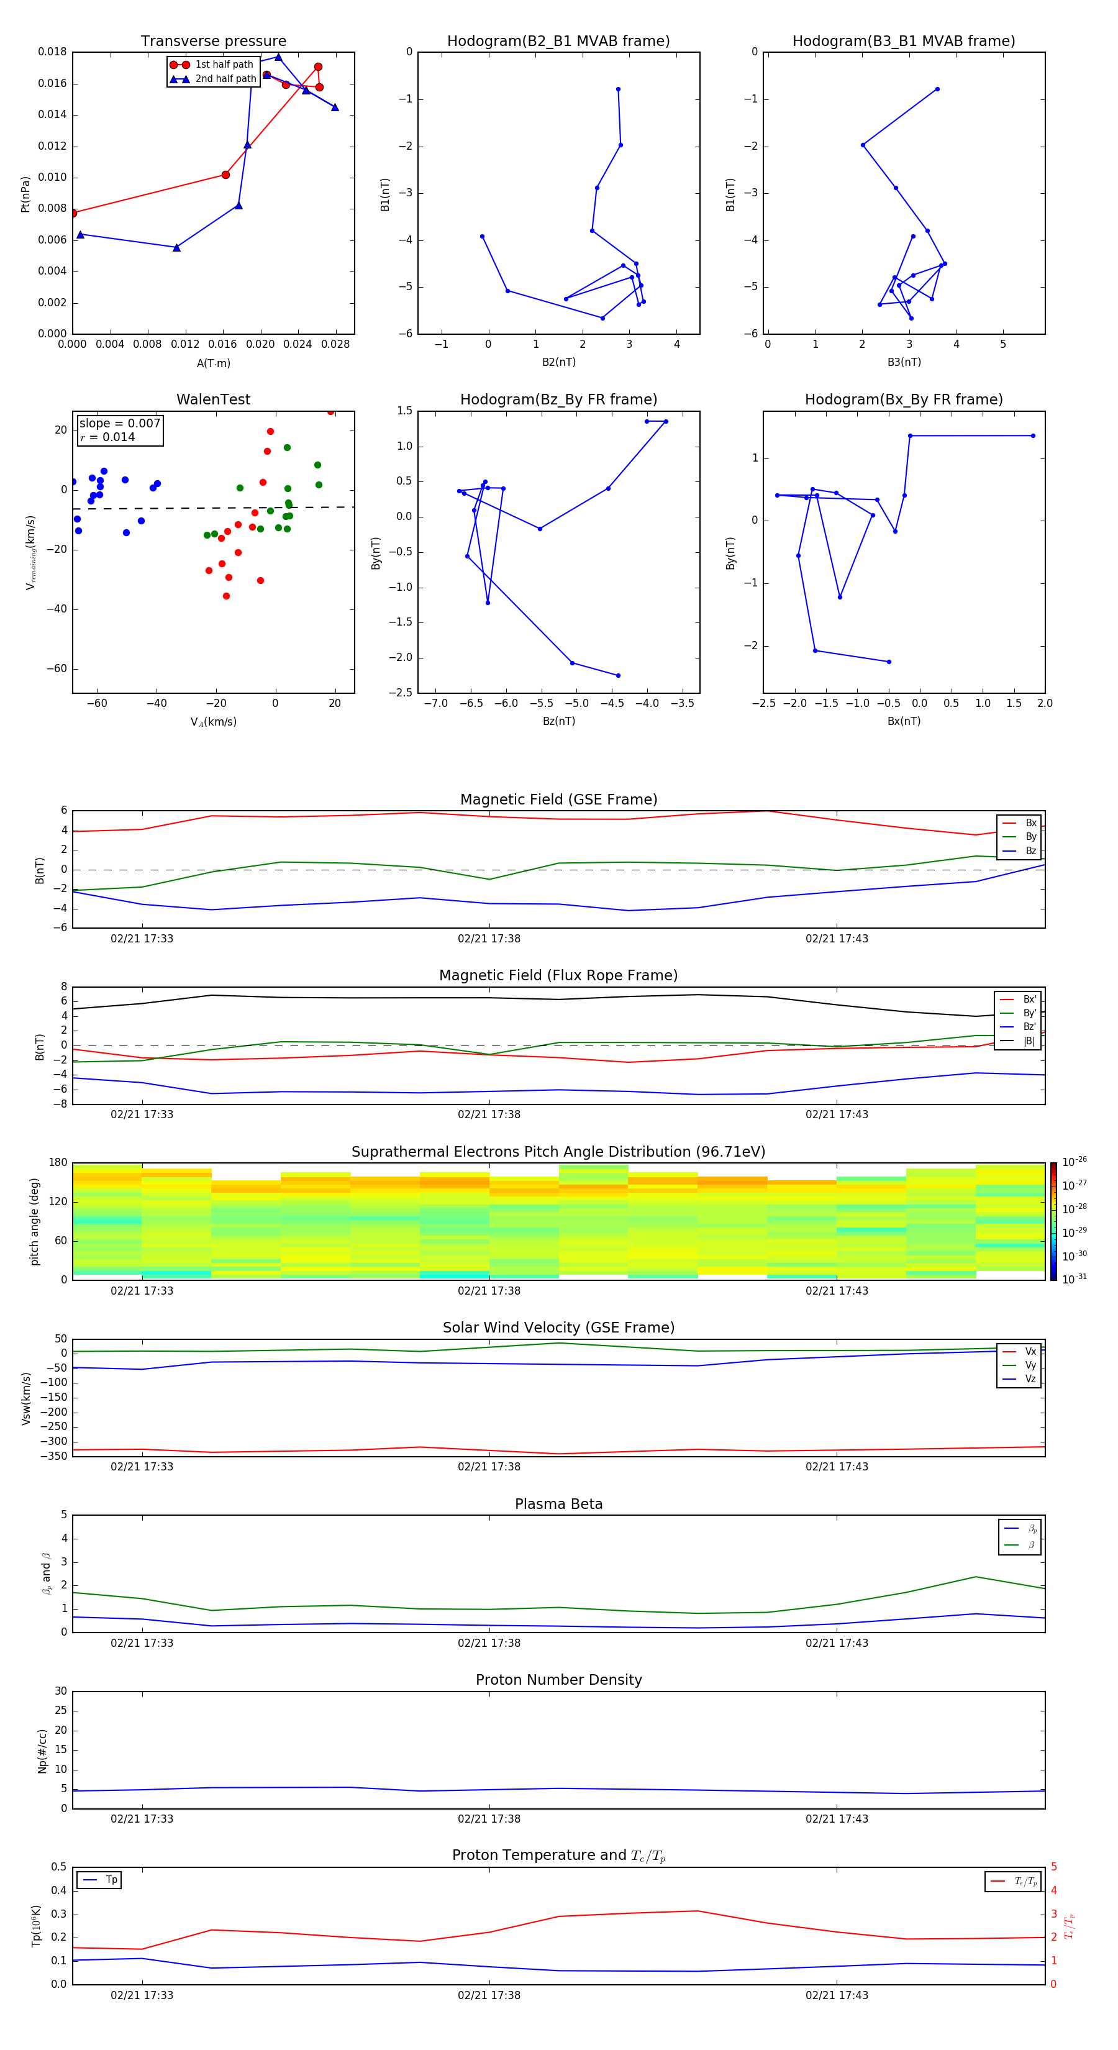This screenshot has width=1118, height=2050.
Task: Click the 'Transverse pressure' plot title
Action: click(x=213, y=42)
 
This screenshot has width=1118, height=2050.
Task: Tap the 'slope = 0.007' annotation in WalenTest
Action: click(x=119, y=424)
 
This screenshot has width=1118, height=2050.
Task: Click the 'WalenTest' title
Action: click(x=213, y=399)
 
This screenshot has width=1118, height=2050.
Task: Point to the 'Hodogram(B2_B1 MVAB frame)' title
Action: click(x=558, y=42)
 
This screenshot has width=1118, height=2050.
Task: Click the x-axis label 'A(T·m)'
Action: click(x=213, y=363)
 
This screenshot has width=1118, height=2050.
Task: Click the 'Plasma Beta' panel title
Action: click(x=558, y=1504)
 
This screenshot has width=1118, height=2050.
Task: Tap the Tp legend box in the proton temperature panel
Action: click(x=99, y=1880)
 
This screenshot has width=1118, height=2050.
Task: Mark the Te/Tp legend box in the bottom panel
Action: click(x=1012, y=1881)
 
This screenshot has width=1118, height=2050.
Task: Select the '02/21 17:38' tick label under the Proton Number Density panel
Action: click(x=489, y=1818)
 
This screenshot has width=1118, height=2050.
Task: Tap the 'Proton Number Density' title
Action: click(x=558, y=1680)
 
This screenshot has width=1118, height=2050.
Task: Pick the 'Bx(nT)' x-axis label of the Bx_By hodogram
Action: click(x=903, y=721)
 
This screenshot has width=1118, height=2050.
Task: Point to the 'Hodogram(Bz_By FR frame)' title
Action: click(x=558, y=399)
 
